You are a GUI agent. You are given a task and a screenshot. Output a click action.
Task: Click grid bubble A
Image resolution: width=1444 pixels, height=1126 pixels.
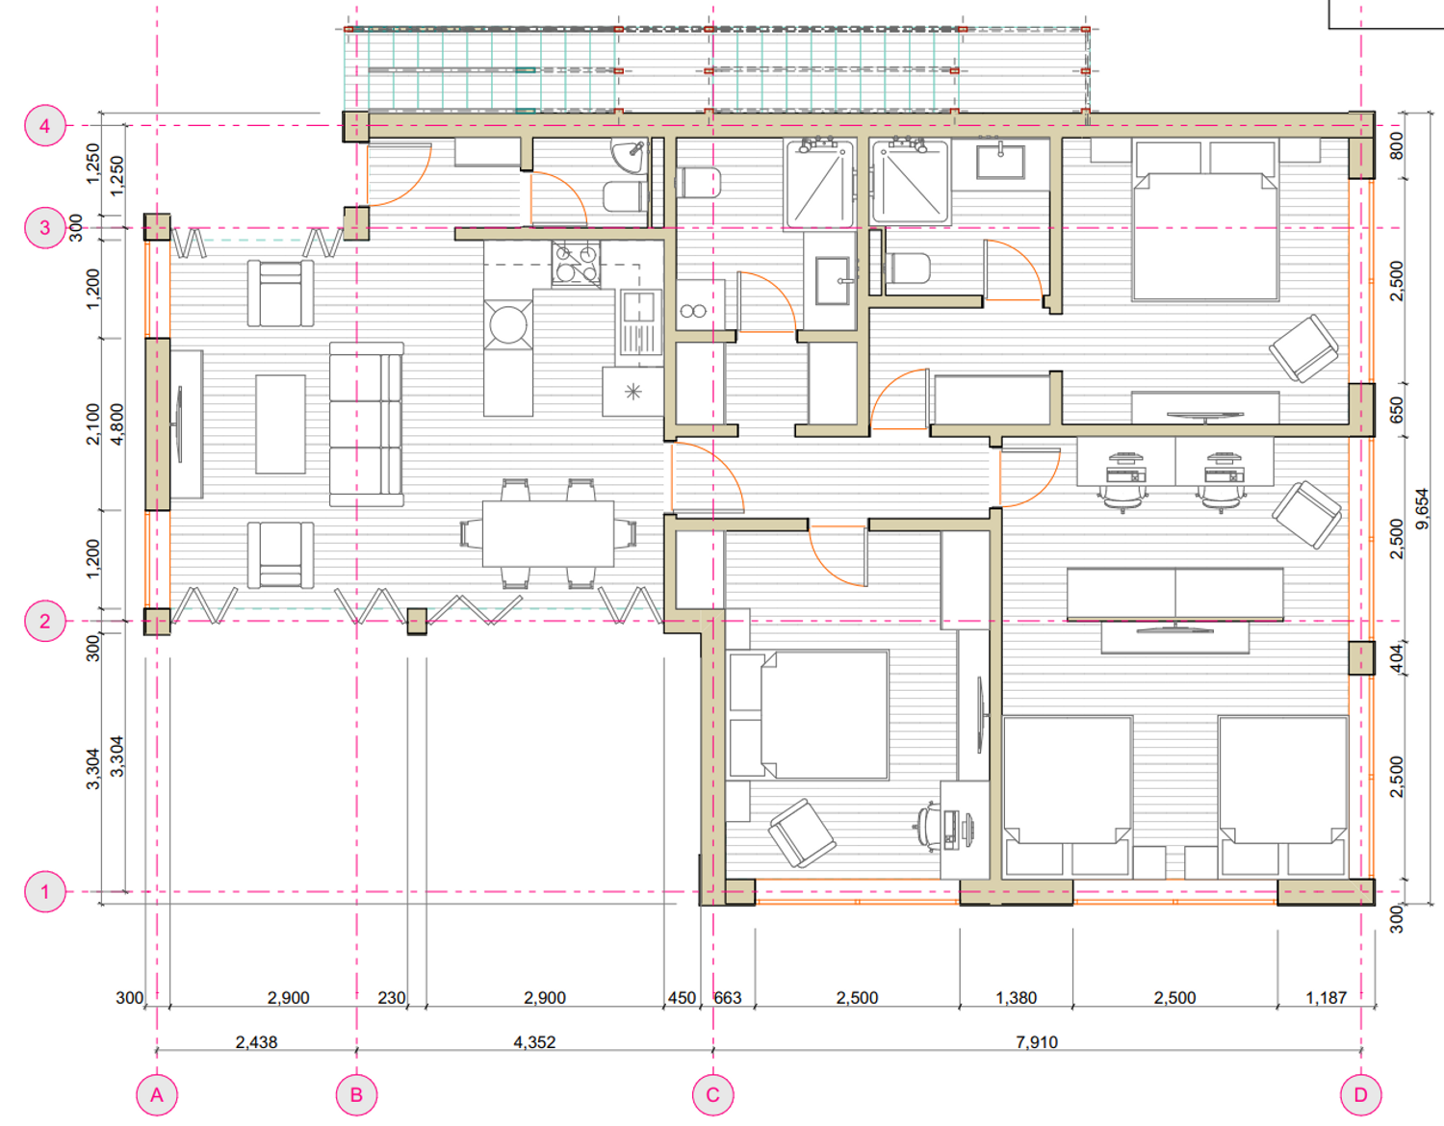[157, 1095]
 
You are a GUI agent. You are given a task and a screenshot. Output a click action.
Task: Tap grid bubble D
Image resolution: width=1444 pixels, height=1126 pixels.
[1360, 1095]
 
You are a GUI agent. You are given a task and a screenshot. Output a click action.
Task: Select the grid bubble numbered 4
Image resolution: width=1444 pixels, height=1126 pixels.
[45, 125]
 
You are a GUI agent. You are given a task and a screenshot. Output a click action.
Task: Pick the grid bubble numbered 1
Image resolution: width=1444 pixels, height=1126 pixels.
[45, 891]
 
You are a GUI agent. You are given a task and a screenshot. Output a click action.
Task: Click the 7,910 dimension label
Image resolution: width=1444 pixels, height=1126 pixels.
[1037, 1042]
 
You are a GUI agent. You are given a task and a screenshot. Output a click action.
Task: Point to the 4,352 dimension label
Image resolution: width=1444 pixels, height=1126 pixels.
[534, 1042]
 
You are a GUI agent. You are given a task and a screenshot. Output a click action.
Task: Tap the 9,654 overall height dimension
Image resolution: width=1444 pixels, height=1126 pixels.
[1422, 509]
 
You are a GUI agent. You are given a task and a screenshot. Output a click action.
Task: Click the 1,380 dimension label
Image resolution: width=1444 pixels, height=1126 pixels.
[1016, 998]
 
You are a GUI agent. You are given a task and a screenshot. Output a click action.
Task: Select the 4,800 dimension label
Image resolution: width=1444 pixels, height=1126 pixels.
[116, 423]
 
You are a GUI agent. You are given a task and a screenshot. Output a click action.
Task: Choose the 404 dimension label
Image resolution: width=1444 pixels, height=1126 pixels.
[1396, 657]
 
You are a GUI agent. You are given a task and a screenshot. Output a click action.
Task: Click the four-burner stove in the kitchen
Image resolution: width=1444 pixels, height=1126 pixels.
[576, 264]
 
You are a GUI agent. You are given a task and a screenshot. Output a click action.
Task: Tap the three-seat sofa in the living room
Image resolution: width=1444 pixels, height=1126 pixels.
[366, 423]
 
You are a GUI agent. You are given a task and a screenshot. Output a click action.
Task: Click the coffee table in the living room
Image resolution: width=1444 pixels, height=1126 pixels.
[280, 423]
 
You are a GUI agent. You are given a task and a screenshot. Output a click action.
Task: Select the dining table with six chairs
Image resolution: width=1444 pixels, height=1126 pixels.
[548, 533]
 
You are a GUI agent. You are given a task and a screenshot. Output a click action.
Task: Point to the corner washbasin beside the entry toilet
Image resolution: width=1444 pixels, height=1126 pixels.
[629, 157]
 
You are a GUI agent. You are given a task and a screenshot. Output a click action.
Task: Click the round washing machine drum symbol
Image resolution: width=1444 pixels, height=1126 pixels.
[508, 325]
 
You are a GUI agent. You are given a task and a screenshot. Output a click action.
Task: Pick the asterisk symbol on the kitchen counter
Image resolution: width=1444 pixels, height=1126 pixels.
[633, 392]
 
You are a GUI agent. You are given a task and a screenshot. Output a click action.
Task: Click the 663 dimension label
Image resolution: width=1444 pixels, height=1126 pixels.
[727, 998]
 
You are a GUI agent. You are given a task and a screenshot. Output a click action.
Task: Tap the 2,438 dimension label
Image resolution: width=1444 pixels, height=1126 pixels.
[256, 1042]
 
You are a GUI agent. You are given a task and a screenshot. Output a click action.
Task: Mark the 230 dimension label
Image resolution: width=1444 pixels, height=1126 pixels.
[391, 998]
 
